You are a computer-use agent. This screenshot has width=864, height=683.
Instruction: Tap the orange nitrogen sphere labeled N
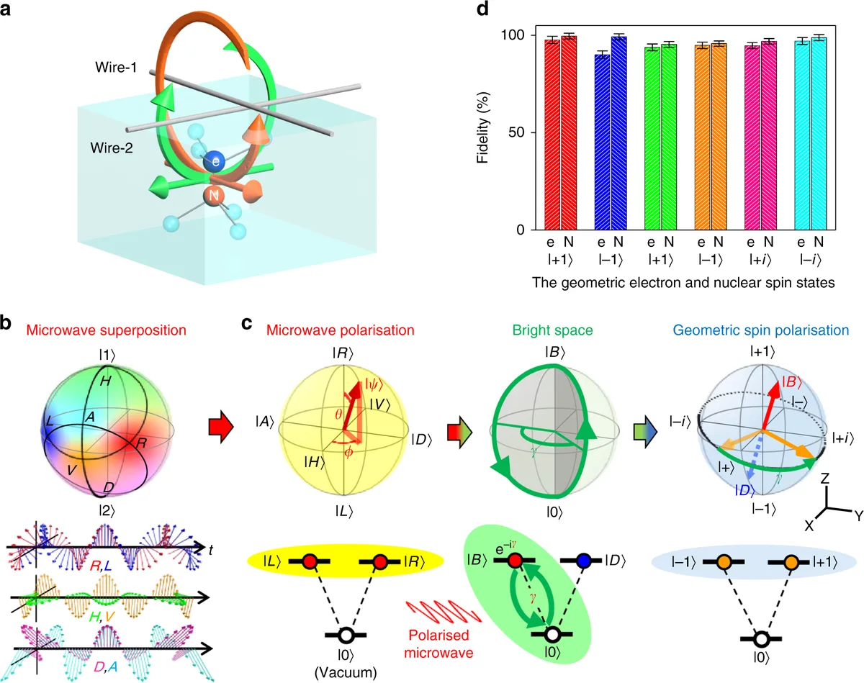tap(212, 196)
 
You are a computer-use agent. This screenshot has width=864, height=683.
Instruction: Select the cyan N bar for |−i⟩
tap(819, 133)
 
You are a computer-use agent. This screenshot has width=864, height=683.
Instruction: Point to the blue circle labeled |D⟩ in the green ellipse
tap(584, 561)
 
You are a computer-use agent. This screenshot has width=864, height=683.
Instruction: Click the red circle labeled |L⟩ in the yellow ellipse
tap(307, 561)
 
